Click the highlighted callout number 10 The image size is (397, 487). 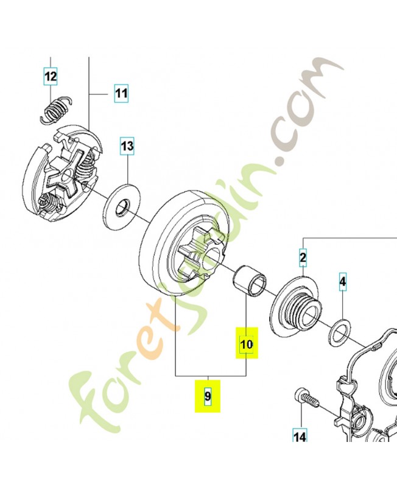tap(246, 345)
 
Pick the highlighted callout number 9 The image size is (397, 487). tap(207, 396)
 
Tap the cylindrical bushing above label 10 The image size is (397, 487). tap(250, 279)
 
